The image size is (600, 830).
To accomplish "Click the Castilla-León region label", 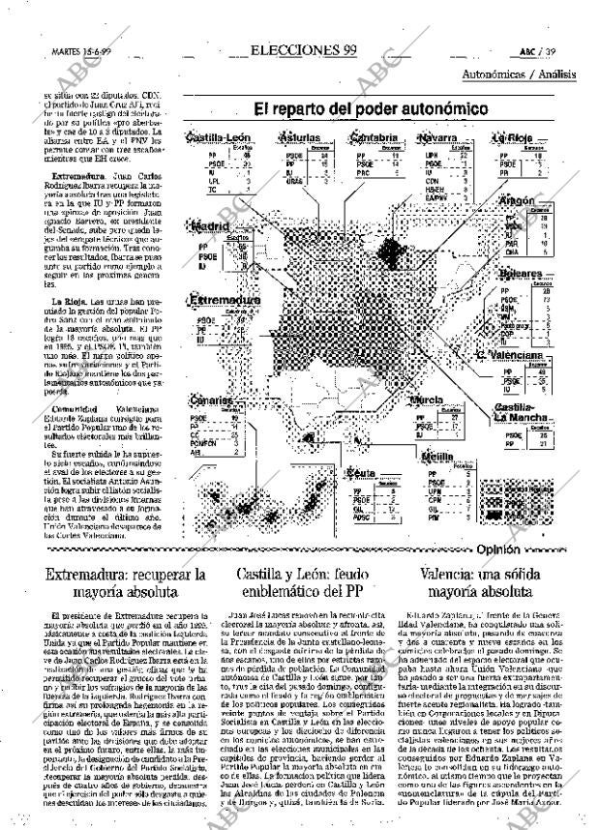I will click(219, 138).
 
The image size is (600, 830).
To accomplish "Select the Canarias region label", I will click(212, 400).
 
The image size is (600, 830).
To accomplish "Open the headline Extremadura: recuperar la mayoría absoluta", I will click(113, 582).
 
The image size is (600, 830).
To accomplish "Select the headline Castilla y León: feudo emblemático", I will click(300, 582).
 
